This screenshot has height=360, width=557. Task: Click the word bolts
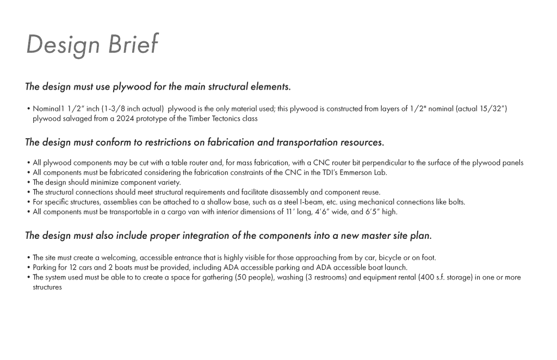pyautogui.click(x=456, y=202)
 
